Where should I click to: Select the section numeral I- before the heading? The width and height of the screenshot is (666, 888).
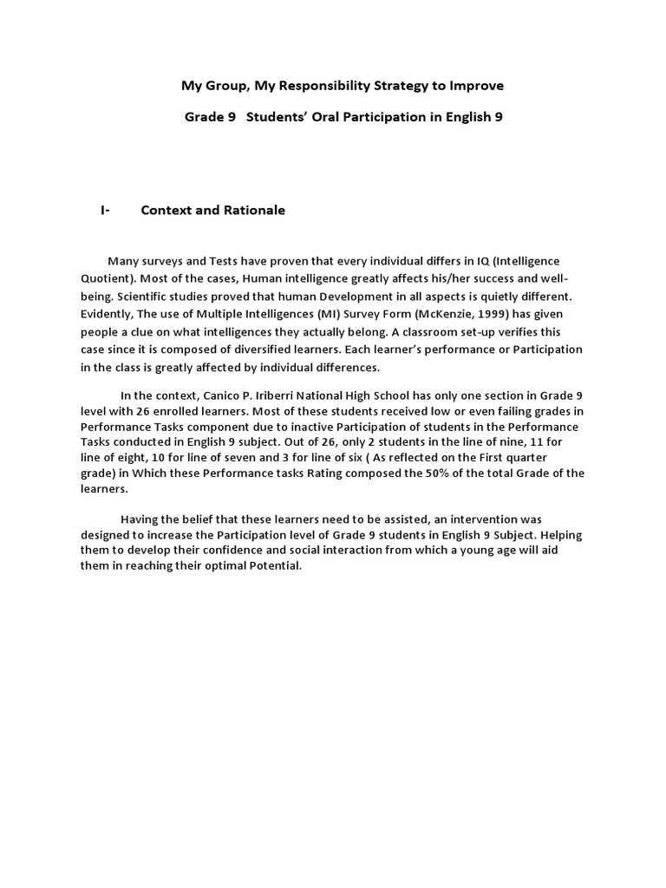105,210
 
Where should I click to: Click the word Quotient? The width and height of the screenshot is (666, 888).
107,278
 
